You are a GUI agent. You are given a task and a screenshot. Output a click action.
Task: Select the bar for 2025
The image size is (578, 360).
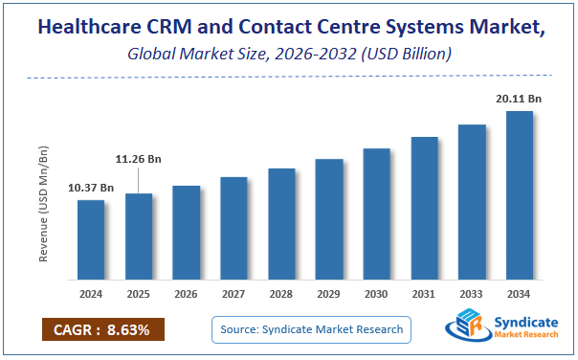tap(139, 236)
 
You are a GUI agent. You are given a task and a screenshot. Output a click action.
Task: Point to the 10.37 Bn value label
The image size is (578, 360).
tap(92, 188)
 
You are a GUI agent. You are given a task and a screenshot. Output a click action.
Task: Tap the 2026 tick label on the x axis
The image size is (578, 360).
tap(187, 294)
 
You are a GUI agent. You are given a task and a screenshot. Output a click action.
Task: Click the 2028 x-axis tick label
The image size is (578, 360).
tap(281, 294)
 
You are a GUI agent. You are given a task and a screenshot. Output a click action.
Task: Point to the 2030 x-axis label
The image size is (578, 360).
tap(377, 294)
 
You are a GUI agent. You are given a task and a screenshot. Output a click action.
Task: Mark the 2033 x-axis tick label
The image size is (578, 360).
tap(472, 294)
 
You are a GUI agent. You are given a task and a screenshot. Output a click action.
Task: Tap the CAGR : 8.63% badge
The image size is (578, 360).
tap(102, 330)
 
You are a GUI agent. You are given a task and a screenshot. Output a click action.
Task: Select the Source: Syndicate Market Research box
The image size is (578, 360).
tap(311, 330)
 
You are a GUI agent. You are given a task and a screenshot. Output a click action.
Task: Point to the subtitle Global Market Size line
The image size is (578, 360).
tap(289, 55)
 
